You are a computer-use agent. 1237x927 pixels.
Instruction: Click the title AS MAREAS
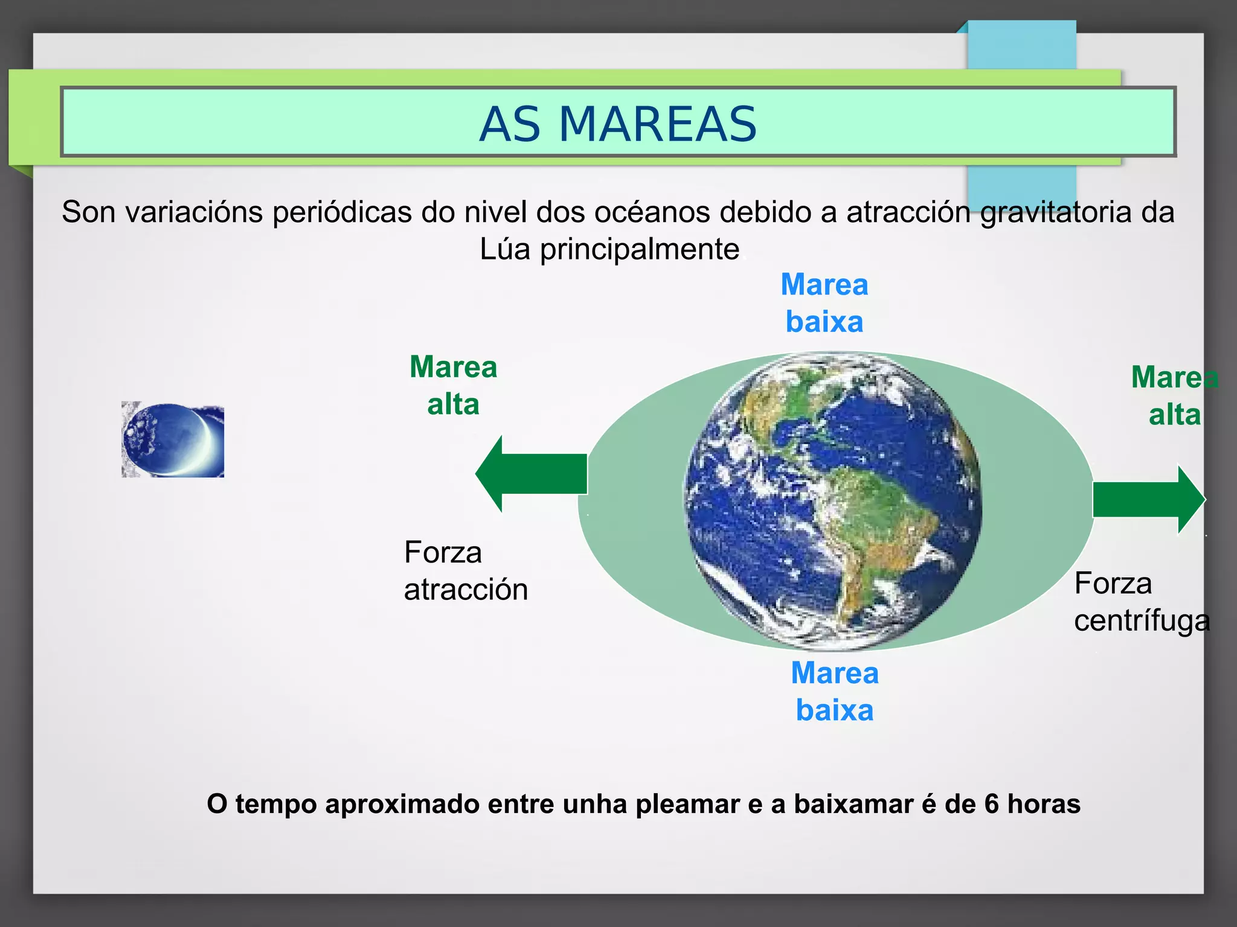[618, 124]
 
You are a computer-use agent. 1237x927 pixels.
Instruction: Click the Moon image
[172, 440]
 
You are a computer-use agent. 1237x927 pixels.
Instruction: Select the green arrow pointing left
[532, 474]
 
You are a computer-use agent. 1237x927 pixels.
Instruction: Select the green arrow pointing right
[1148, 499]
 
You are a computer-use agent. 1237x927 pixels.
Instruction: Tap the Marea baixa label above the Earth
[824, 303]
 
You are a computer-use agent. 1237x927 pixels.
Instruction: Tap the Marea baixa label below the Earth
[834, 692]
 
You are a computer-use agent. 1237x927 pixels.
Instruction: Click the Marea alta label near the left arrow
[453, 385]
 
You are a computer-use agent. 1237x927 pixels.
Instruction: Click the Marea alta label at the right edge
[1174, 396]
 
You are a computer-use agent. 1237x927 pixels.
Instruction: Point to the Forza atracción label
[465, 570]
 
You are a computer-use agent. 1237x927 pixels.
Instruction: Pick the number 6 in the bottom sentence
[991, 804]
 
